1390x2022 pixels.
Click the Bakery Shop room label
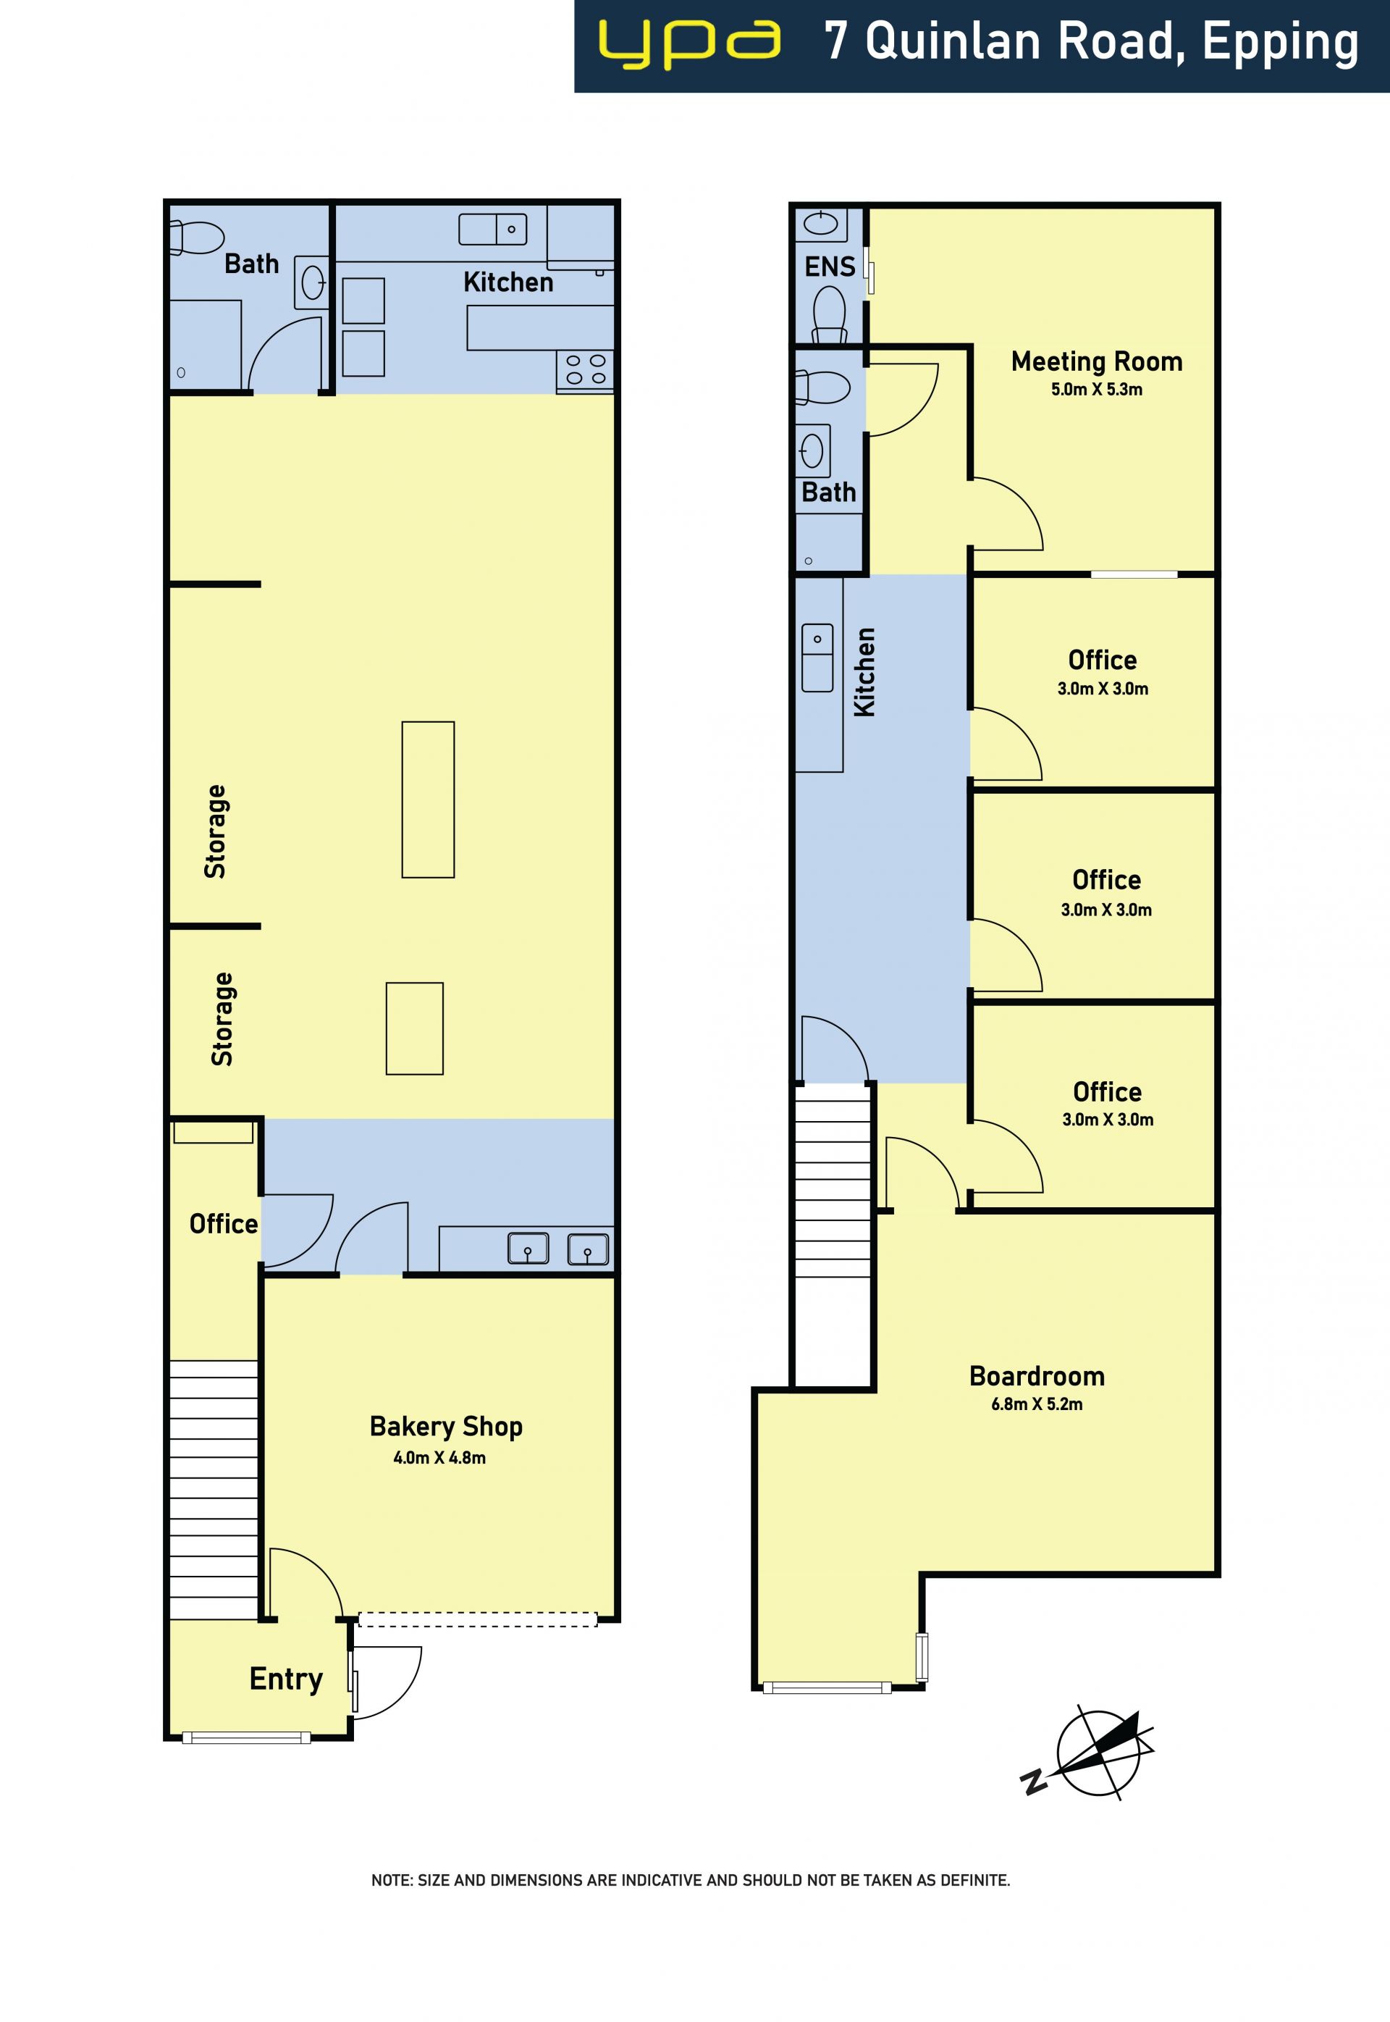(446, 1427)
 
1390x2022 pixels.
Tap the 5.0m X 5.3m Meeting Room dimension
(1097, 390)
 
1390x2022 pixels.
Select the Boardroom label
(1037, 1377)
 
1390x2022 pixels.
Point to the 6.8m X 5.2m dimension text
(1037, 1404)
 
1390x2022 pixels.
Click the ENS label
(830, 267)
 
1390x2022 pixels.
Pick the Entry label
(286, 1679)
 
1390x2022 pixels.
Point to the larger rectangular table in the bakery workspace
(428, 800)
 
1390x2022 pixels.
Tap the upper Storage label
(215, 831)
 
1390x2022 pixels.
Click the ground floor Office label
(224, 1224)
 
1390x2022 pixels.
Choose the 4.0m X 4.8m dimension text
(440, 1458)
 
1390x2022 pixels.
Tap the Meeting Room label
(1097, 361)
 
